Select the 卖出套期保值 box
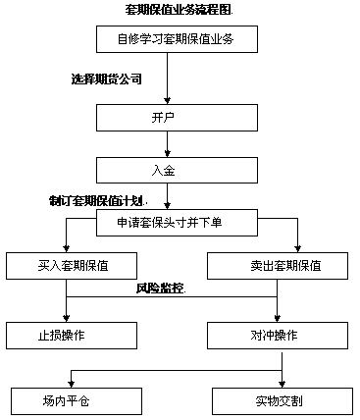(278, 266)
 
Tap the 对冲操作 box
(278, 335)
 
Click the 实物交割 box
(278, 400)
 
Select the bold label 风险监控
(160, 289)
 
